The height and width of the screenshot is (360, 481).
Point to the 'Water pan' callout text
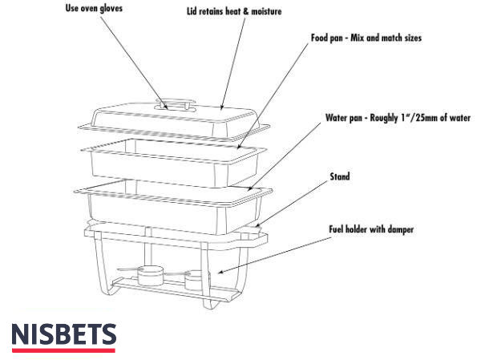click(x=397, y=118)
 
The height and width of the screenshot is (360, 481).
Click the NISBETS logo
click(x=64, y=334)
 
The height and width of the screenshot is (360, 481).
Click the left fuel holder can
click(x=148, y=276)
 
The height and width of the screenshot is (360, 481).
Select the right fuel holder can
click(x=194, y=280)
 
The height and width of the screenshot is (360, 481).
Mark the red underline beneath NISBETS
click(x=64, y=350)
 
